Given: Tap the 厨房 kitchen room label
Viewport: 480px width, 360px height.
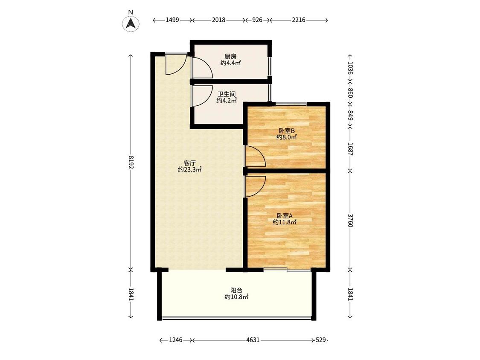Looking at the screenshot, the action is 230,57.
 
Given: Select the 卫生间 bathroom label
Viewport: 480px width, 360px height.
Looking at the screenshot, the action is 227,94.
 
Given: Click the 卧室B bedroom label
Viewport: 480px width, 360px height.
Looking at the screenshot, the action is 287,131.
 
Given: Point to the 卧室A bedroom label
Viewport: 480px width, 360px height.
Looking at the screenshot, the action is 285,216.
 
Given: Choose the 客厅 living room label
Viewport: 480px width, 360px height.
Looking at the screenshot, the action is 189,163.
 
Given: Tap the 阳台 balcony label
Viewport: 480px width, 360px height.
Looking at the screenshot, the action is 236,290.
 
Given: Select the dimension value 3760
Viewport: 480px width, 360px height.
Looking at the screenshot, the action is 350,221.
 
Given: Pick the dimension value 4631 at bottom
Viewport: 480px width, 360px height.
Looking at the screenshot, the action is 253,340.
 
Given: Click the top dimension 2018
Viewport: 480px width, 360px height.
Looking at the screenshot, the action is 218,20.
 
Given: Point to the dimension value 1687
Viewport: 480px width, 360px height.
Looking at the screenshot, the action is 350,149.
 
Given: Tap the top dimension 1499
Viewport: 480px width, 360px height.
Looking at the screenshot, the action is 172,20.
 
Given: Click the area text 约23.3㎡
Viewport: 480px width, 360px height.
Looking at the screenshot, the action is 190,169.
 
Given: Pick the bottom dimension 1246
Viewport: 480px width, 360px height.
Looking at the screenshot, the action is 176,340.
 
